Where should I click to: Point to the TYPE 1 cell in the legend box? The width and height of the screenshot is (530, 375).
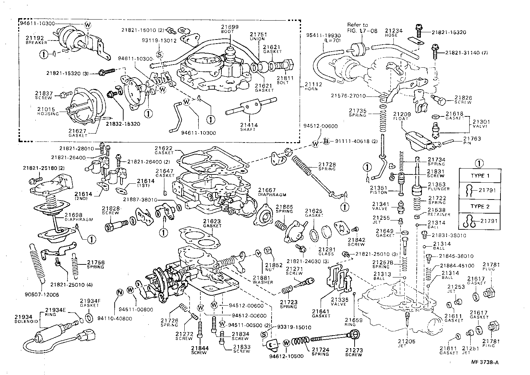click(x=480, y=175)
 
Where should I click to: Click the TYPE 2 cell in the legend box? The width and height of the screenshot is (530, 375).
click(x=480, y=206)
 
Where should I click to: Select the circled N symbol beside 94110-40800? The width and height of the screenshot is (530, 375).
click(x=119, y=292)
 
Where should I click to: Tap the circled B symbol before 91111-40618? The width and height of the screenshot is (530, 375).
click(x=326, y=141)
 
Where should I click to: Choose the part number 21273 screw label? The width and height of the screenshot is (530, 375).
click(x=354, y=351)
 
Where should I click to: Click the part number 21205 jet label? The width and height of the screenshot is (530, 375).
click(x=407, y=341)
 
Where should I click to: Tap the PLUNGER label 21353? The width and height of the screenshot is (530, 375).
click(x=436, y=185)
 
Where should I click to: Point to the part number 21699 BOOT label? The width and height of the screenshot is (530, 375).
click(x=230, y=27)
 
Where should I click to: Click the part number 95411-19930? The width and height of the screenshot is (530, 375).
click(x=319, y=35)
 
